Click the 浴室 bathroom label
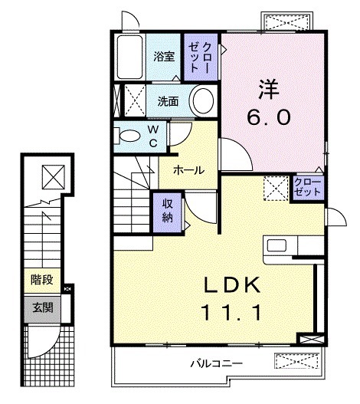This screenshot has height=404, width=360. point(162,56)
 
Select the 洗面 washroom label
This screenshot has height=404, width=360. point(168,100)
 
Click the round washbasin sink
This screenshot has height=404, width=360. point(202,100)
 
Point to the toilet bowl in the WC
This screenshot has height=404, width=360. point(130,136)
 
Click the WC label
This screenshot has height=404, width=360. point(152,137)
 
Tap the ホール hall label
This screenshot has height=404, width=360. point(188,169)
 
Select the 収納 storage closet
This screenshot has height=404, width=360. point(166,208)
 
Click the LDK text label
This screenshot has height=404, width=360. point(234,286)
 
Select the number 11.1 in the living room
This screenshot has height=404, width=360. point(234,312)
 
